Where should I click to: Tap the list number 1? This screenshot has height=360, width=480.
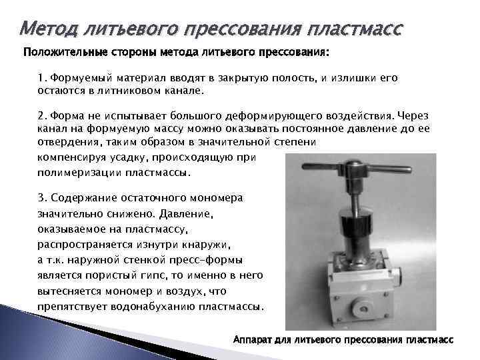tap(42, 78)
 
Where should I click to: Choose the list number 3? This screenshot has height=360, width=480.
tap(42, 199)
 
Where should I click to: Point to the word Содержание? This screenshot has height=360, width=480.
tap(86, 199)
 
